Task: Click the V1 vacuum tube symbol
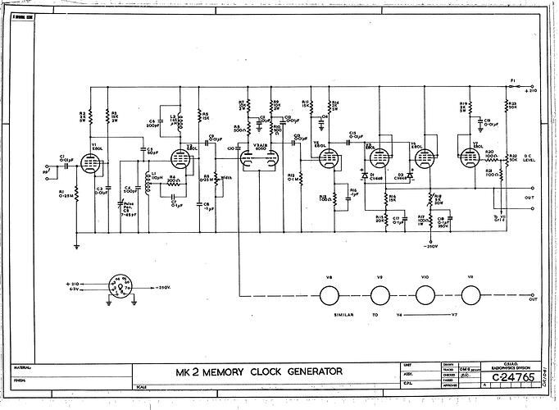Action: (x=91, y=163)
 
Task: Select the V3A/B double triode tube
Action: (x=261, y=160)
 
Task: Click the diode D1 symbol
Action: (x=364, y=175)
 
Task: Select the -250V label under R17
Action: (x=429, y=245)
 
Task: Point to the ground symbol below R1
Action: (x=76, y=244)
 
